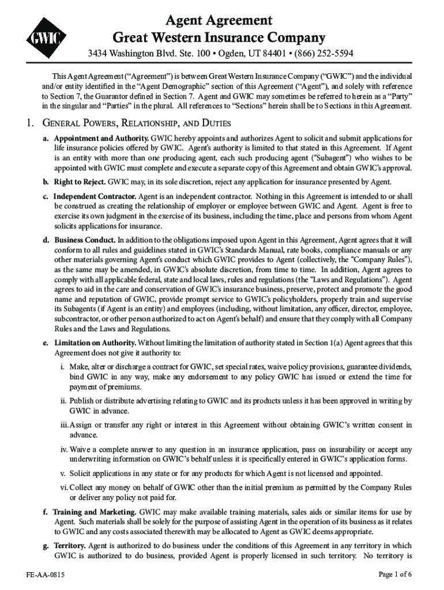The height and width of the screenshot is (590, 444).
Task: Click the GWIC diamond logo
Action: click(x=45, y=39)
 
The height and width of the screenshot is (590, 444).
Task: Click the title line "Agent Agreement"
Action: click(x=219, y=21)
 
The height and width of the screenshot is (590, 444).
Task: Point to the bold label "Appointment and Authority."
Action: click(x=101, y=139)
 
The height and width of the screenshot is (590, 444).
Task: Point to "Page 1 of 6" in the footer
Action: click(x=395, y=574)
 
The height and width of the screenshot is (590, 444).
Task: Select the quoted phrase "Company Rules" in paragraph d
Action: click(x=372, y=259)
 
